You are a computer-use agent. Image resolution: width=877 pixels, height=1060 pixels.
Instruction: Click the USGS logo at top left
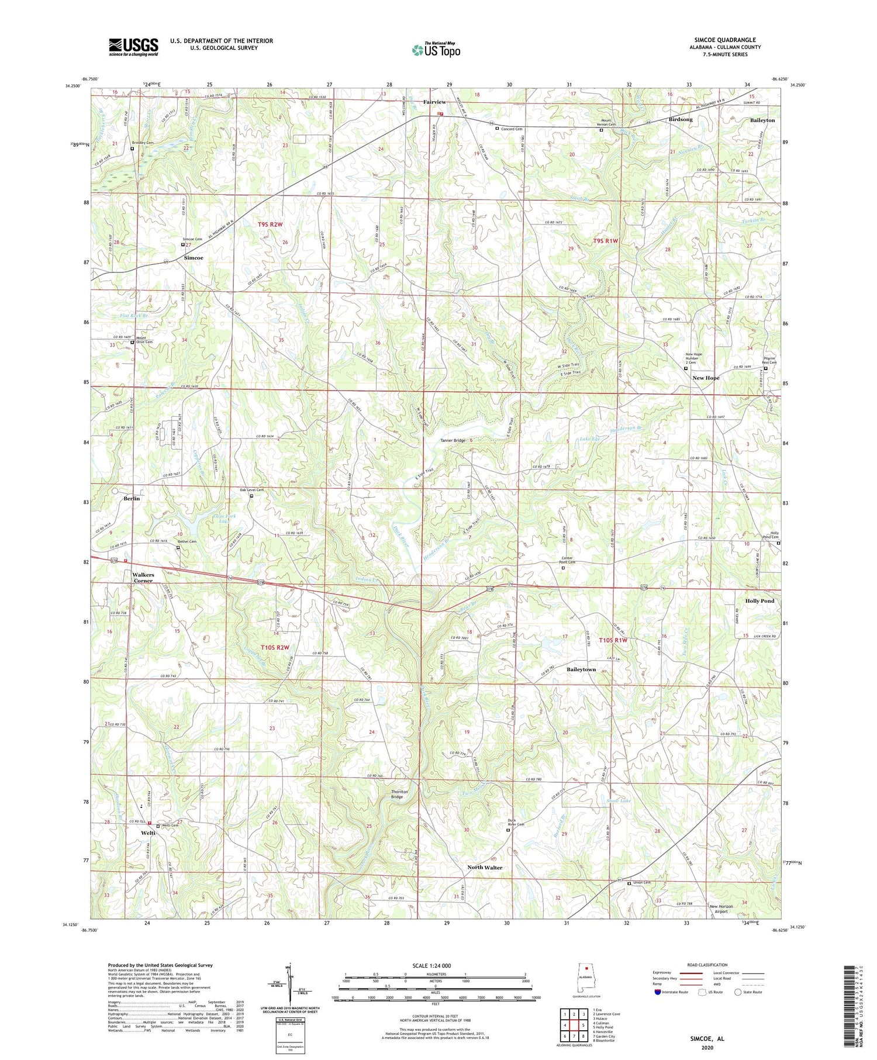pos(133,46)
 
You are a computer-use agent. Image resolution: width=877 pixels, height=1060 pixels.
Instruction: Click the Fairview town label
pos(434,102)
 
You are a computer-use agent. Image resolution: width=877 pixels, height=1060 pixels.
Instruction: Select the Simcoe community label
pos(194,258)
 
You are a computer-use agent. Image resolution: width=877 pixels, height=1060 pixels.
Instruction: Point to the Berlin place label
pos(132,499)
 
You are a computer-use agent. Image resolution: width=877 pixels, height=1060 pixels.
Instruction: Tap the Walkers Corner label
pos(143,578)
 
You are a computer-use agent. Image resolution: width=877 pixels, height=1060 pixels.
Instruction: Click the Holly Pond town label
pos(759,601)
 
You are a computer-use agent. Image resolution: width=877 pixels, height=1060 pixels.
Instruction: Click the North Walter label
pos(484,868)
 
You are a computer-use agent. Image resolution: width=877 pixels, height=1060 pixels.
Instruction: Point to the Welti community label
pos(147,833)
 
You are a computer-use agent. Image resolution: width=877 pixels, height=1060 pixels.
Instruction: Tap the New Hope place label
pos(706,378)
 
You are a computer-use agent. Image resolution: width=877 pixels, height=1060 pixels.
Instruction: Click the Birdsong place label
pos(680,119)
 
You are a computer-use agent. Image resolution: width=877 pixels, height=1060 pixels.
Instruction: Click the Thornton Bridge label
pos(397,795)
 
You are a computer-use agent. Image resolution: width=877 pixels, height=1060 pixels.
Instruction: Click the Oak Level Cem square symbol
pos(252,496)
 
